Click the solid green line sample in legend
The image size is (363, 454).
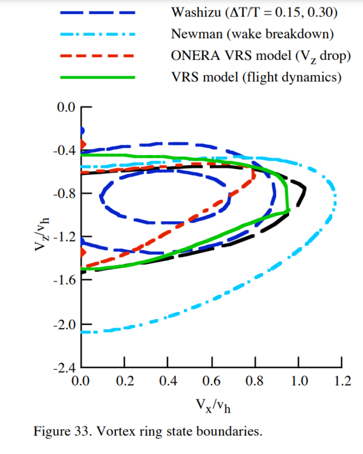click(x=98, y=77)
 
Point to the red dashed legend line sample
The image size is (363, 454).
click(x=98, y=56)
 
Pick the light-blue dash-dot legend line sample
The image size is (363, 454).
click(x=98, y=34)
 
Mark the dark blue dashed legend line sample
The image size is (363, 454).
click(x=98, y=12)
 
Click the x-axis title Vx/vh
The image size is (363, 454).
click(x=212, y=405)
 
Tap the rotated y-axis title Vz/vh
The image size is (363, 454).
click(x=44, y=236)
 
